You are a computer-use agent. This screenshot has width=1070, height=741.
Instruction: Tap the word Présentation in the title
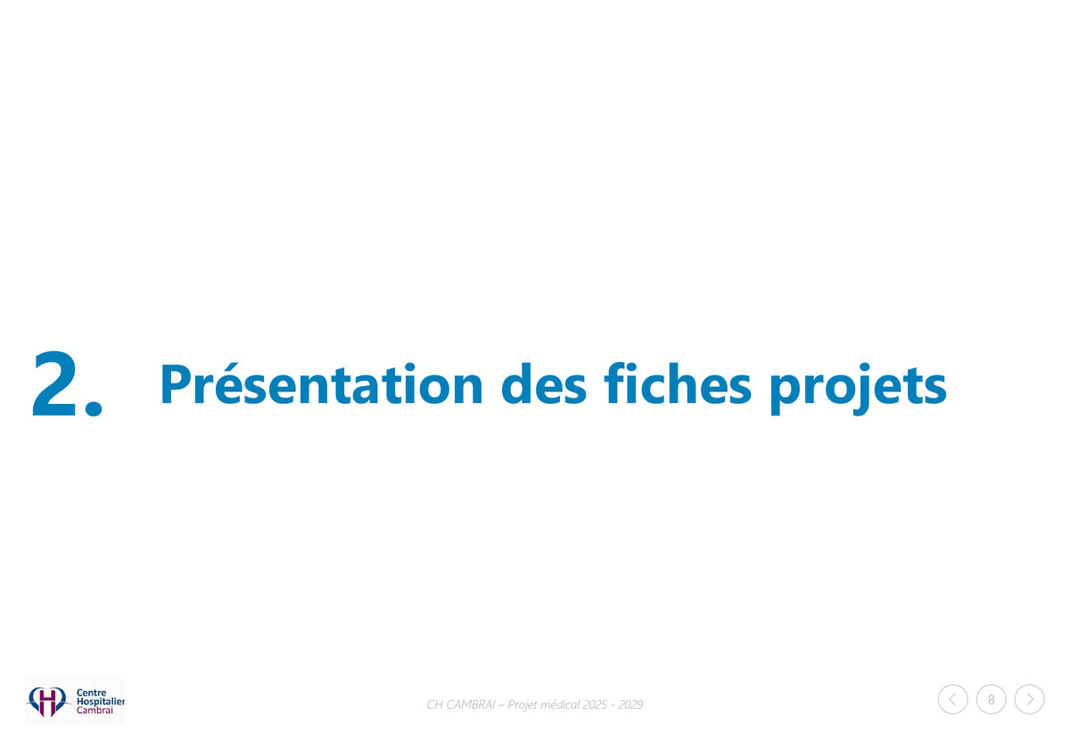(322, 385)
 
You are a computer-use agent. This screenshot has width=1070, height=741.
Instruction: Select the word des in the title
(544, 385)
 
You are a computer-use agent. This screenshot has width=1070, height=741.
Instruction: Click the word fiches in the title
(678, 384)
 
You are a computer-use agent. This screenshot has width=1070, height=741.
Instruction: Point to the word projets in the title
(859, 389)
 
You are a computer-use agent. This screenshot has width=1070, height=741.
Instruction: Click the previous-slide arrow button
(952, 700)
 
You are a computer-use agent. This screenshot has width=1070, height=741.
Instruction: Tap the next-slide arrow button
(1029, 700)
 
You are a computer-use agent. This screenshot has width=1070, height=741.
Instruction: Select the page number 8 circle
(992, 700)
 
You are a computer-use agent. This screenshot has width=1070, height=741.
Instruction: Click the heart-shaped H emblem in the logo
(46, 702)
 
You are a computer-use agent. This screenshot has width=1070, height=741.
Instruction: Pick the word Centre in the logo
(91, 693)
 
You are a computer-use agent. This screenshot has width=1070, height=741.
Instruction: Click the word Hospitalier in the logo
(100, 702)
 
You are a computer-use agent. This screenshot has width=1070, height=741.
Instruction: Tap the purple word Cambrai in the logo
(95, 710)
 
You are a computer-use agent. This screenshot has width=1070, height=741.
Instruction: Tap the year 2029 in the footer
(630, 704)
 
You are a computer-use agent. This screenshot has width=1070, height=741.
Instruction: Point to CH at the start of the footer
(435, 704)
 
